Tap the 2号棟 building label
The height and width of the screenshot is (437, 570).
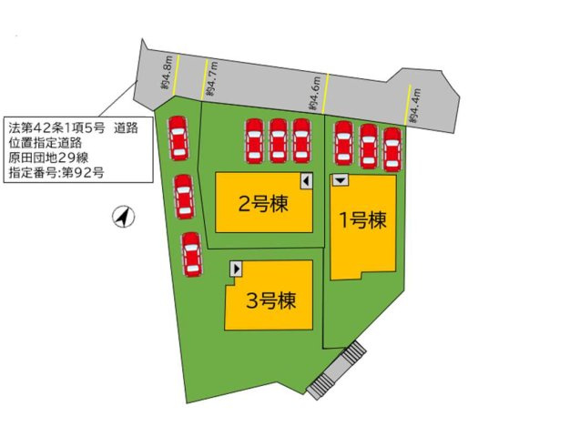pos(263,204)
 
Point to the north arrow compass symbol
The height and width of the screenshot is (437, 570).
pos(123,217)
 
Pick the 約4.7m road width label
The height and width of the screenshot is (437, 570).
pos(212,80)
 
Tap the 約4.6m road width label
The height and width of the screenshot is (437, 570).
pos(315,95)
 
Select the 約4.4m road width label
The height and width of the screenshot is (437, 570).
pos(416,106)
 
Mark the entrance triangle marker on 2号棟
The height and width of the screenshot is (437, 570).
pos(306,181)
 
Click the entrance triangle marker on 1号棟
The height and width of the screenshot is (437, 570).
pos(340,181)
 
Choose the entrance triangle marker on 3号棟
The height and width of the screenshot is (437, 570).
pos(237,269)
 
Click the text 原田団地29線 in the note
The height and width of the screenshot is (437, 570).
pos(46,157)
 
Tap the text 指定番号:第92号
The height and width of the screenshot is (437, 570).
pos(56,171)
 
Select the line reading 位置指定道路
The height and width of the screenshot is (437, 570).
pos(46,142)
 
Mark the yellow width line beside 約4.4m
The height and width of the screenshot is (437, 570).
pos(405,106)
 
